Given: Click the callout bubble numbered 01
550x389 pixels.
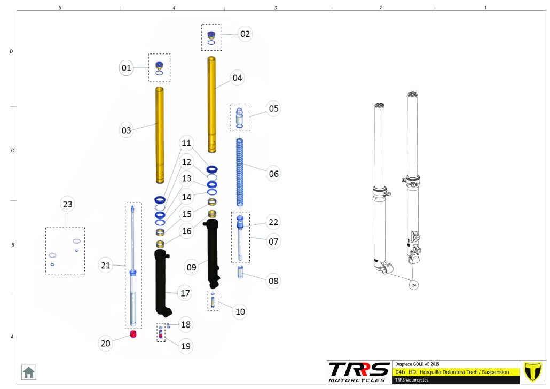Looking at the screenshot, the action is tap(126, 68).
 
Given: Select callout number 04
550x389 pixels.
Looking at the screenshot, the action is tap(237, 77).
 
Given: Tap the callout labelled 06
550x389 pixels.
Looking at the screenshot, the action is tap(273, 174).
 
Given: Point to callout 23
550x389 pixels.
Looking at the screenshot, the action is tap(67, 204).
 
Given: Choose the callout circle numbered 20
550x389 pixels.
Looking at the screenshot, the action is tap(105, 344).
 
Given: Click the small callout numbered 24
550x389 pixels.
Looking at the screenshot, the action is tap(414, 285).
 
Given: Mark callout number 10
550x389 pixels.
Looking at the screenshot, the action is tap(240, 312).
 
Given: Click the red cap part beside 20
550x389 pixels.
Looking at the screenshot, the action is tap(133, 334).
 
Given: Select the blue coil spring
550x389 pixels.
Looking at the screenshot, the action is tap(240, 173).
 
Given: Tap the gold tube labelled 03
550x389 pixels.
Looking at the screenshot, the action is tap(160, 135).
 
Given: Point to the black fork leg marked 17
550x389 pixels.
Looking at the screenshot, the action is tap(163, 283).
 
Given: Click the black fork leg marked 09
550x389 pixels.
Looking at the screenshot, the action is tap(212, 253).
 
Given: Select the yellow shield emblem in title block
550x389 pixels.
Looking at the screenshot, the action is tap(532, 372).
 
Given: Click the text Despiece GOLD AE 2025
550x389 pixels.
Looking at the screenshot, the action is tap(417, 364).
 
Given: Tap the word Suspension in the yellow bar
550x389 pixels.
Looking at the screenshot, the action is tap(495, 372).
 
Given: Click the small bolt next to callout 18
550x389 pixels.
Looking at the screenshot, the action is tap(168, 325).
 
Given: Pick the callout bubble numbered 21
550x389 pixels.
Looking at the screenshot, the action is tap(105, 266).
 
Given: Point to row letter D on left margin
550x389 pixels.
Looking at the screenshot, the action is tap(11, 51).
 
